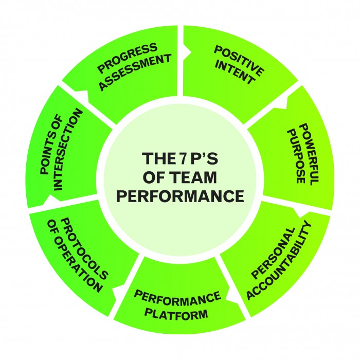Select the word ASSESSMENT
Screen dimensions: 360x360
click(x=135, y=71)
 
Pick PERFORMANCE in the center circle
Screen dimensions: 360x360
click(x=179, y=196)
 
